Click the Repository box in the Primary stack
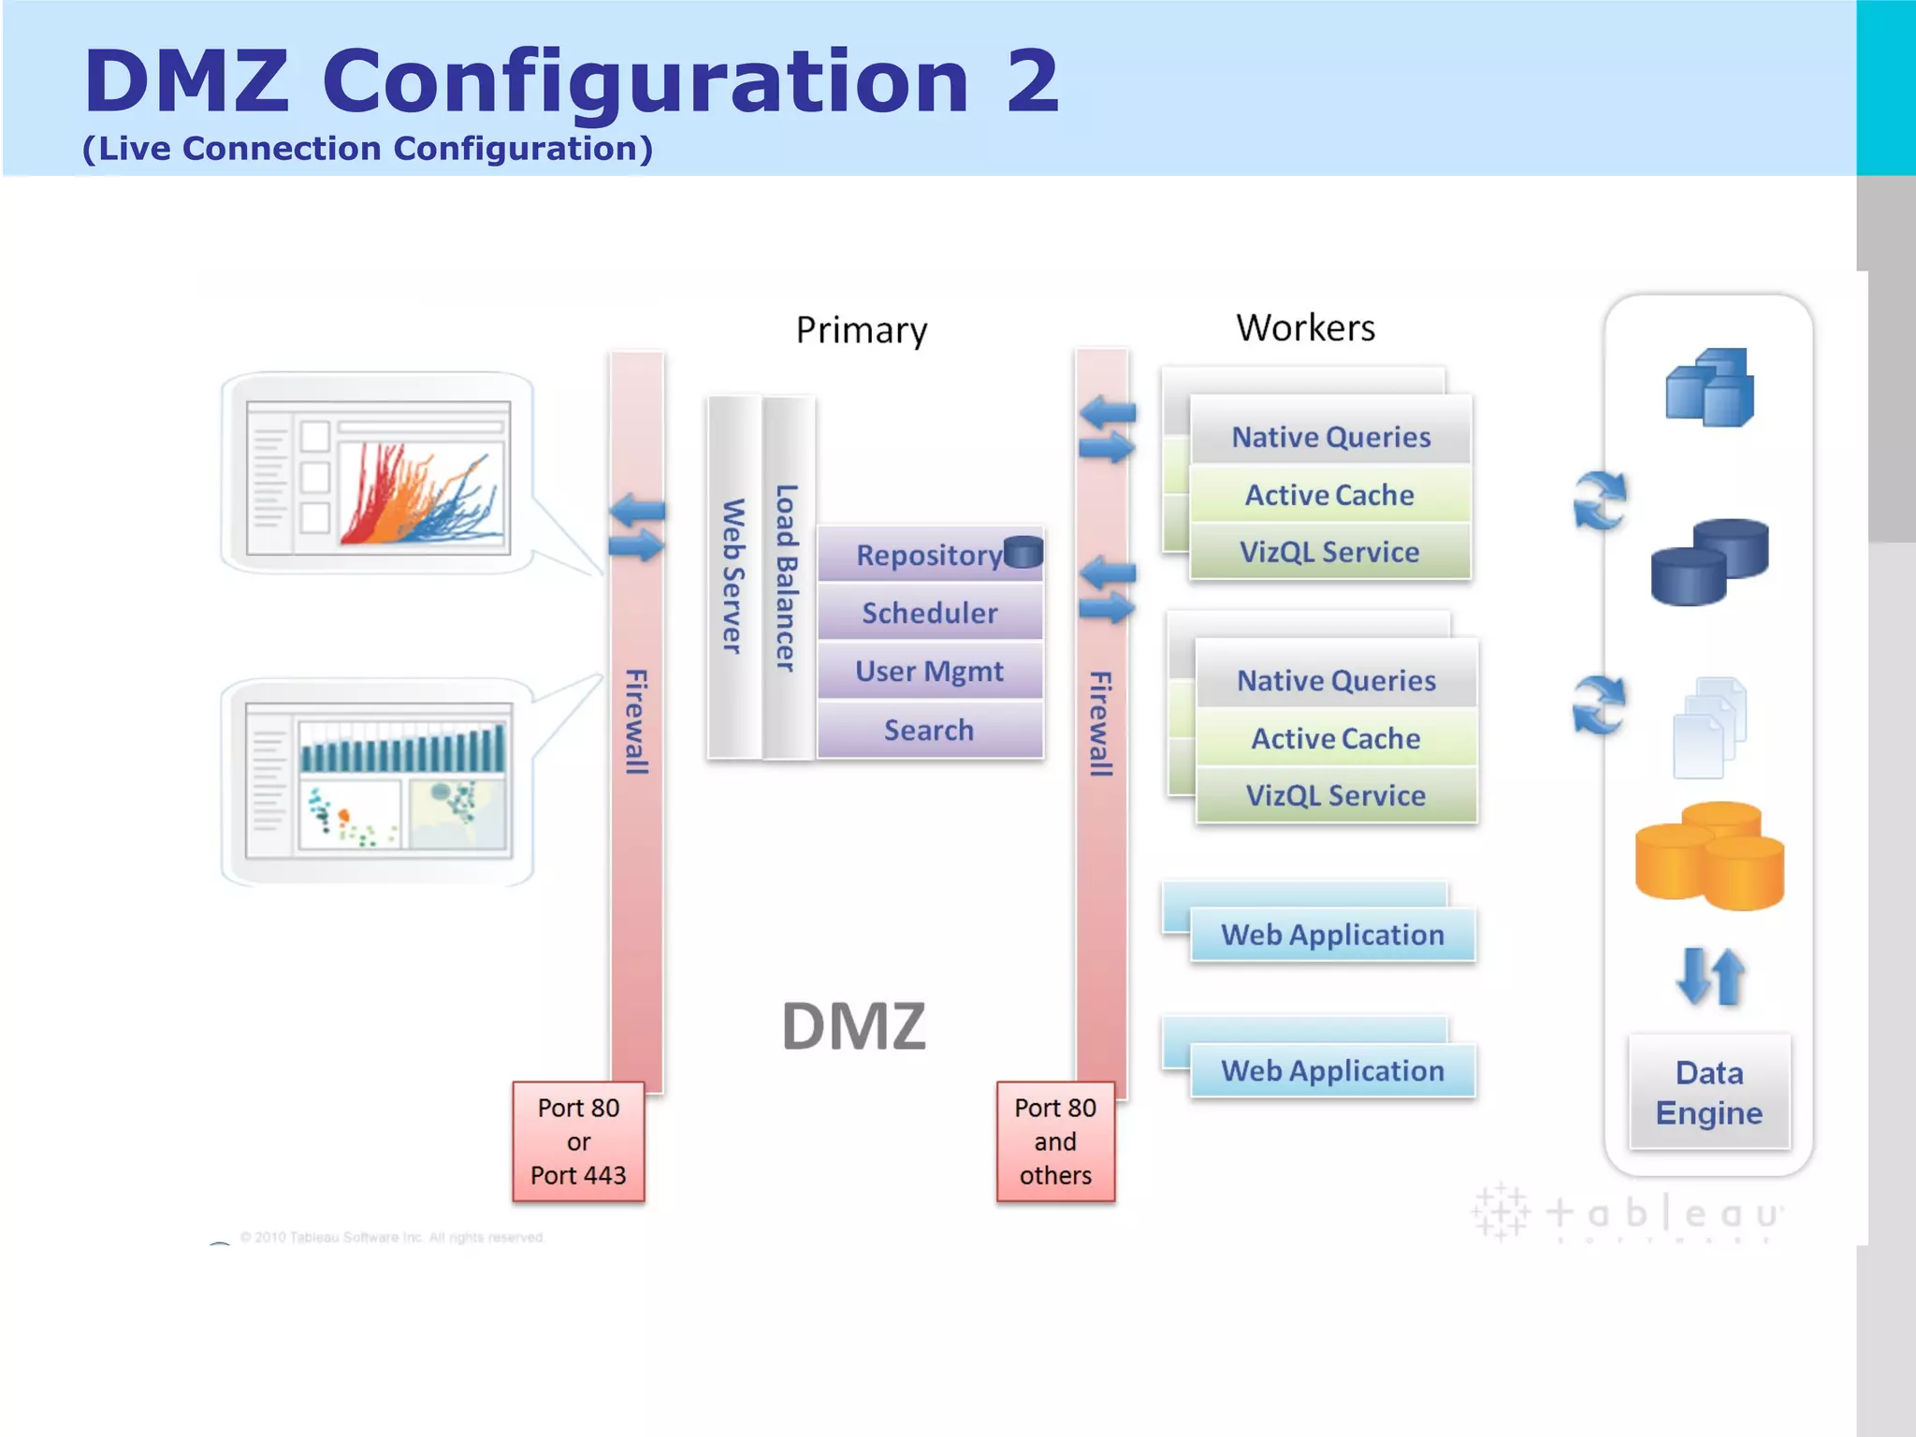(x=929, y=555)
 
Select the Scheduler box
(x=929, y=613)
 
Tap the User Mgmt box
(x=929, y=671)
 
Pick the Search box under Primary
(x=929, y=730)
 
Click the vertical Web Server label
(x=733, y=576)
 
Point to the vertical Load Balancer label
(x=787, y=576)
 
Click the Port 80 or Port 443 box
(x=578, y=1141)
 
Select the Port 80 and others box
(x=1055, y=1141)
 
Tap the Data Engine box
(x=1709, y=1092)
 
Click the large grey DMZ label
(x=853, y=1026)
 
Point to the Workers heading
(x=1305, y=327)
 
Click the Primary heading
(x=862, y=330)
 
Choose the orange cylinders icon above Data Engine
(x=1709, y=855)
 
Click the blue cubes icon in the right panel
(x=1709, y=387)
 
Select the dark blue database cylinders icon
(x=1709, y=561)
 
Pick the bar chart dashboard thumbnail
(x=378, y=781)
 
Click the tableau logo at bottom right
(x=1628, y=1213)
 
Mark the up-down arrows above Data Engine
(x=1710, y=977)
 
